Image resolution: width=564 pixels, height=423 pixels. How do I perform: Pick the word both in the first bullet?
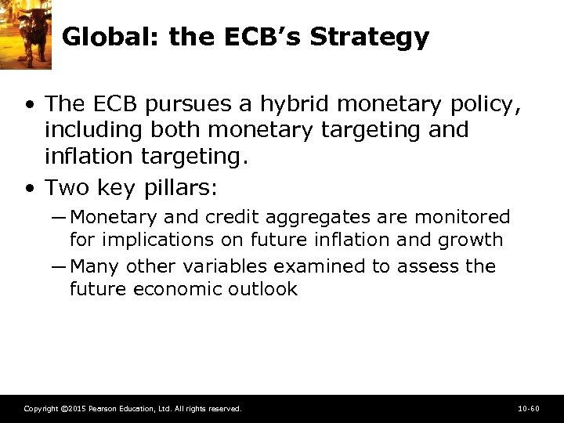click(180, 129)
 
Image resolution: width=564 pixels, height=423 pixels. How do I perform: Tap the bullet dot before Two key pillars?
click(29, 189)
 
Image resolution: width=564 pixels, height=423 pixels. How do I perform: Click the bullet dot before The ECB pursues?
click(29, 104)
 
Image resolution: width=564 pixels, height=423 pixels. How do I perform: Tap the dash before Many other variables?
click(60, 266)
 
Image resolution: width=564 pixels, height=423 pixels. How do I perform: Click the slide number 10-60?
click(529, 409)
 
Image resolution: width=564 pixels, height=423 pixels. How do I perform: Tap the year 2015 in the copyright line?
click(76, 409)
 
